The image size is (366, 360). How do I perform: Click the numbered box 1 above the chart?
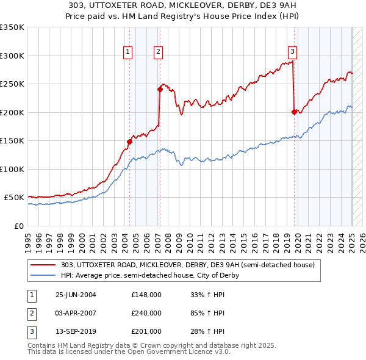[128, 52]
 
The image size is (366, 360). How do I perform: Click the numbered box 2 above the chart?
[157, 52]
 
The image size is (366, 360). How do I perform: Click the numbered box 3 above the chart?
[292, 52]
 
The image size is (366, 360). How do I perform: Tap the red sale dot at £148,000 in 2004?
[129, 142]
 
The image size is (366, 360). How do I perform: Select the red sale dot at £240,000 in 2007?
[160, 89]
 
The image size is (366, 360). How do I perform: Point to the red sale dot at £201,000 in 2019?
[294, 112]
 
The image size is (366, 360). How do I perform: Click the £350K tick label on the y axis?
[12, 27]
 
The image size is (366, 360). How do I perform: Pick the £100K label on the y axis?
[12, 169]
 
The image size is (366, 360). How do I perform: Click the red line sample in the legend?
[44, 265]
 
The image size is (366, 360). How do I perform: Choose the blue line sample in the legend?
[44, 275]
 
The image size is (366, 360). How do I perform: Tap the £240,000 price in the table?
[146, 313]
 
